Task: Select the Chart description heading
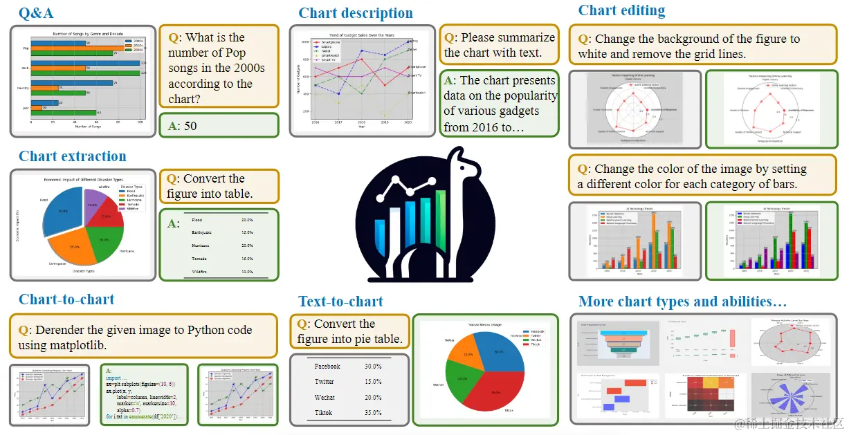(x=356, y=13)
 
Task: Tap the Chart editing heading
(x=621, y=10)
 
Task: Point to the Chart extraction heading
(x=73, y=156)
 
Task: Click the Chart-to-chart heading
(x=66, y=299)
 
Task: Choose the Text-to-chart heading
(x=340, y=302)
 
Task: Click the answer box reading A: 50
(x=219, y=125)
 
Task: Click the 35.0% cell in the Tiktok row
(x=372, y=413)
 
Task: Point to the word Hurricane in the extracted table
(x=205, y=246)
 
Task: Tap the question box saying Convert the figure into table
(x=219, y=186)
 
